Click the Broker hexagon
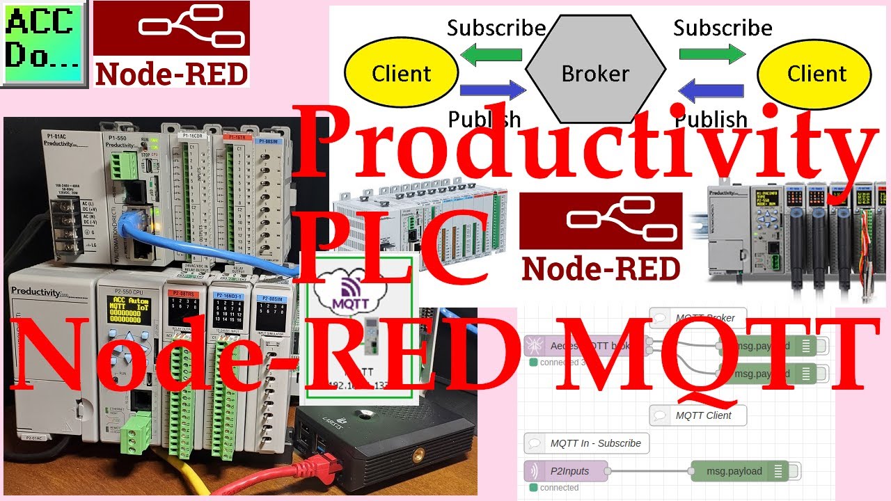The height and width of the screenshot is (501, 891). point(595,73)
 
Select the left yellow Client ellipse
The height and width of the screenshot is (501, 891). point(402,74)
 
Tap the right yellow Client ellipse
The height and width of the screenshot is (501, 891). point(814,74)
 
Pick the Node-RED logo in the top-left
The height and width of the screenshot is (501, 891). point(171,43)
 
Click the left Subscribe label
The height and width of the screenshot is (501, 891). point(496,28)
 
